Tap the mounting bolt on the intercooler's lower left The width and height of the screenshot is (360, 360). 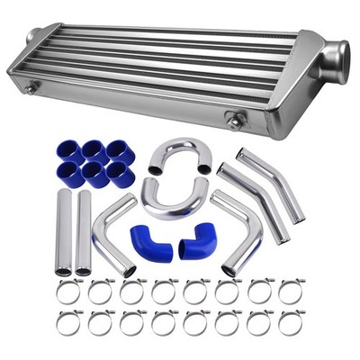31,88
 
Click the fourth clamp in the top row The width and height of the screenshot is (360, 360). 164,292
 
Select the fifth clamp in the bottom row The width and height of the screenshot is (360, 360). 195,322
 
